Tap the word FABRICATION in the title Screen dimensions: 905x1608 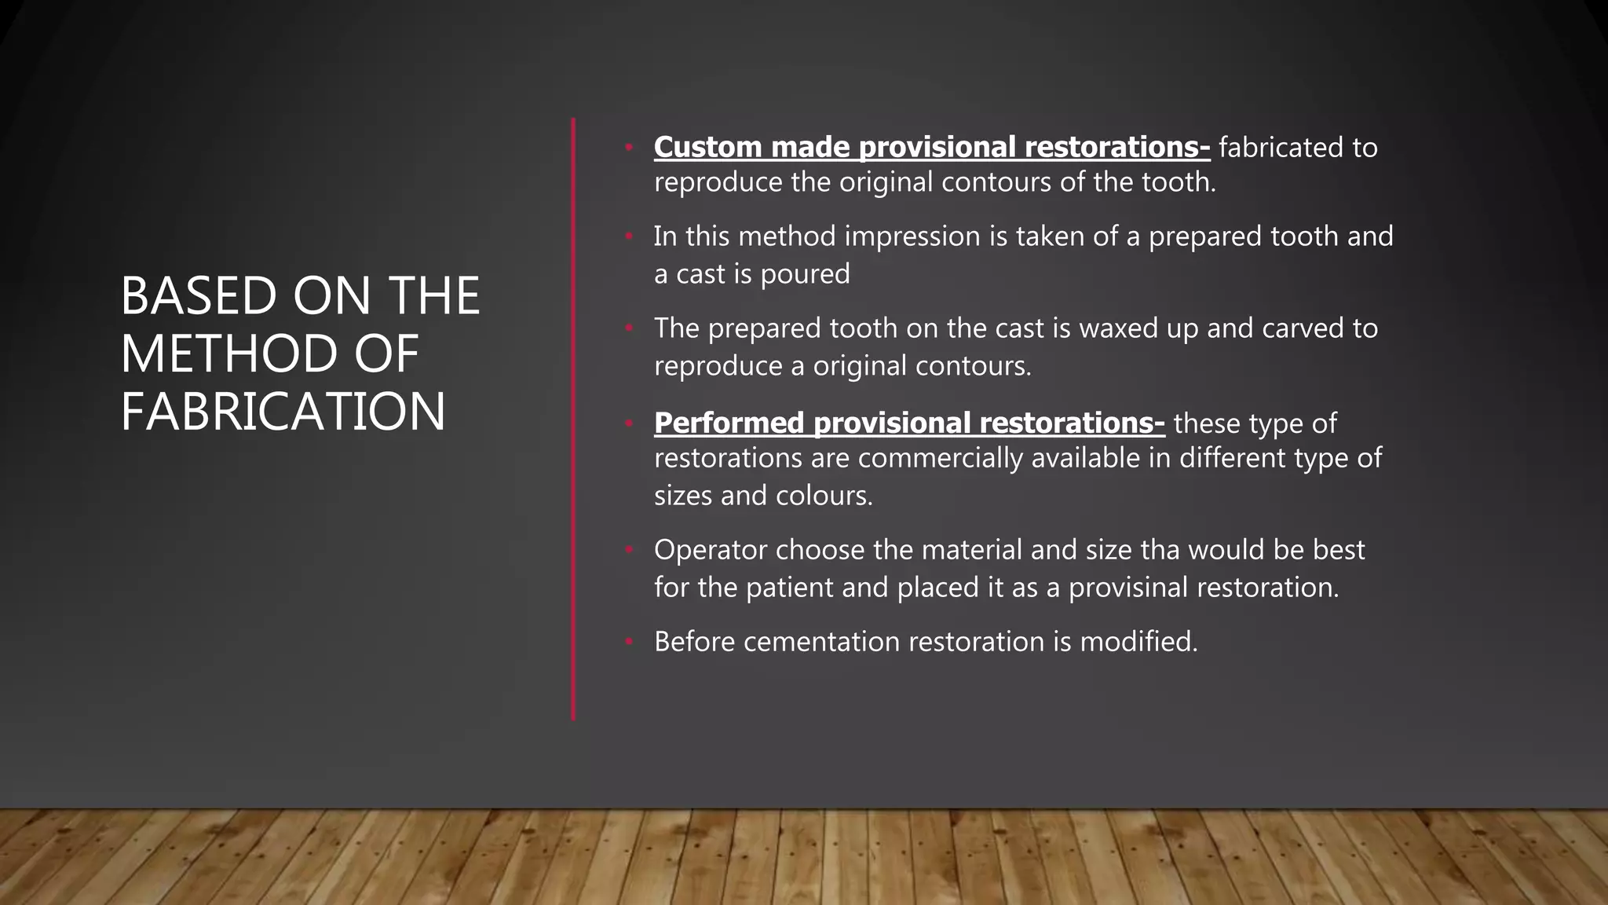coord(283,412)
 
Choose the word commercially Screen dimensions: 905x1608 coord(940,457)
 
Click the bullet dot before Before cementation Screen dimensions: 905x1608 coord(629,642)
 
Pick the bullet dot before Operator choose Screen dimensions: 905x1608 coord(629,550)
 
